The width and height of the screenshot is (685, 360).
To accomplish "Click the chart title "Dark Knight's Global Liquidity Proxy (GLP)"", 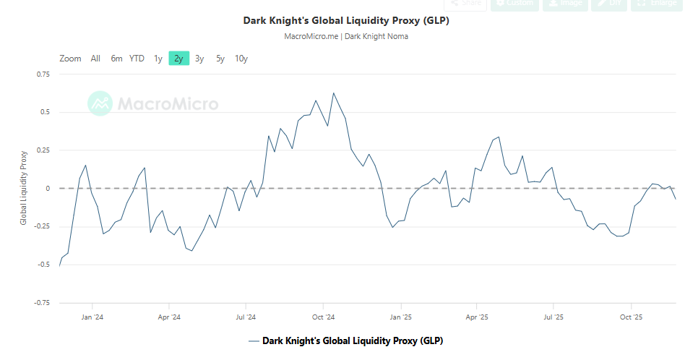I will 346,20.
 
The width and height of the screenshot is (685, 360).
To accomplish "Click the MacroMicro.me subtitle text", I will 346,36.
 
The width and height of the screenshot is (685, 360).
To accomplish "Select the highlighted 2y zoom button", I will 178,59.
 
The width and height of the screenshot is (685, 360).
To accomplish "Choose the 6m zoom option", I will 116,59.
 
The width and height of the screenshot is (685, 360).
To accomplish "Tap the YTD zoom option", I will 137,59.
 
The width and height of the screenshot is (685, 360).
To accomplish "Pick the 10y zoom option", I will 241,59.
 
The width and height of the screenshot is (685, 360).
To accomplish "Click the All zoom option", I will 95,59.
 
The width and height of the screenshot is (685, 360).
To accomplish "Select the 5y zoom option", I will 220,59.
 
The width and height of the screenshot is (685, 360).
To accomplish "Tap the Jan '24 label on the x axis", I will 91,317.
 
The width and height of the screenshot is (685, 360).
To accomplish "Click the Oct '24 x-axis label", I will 323,317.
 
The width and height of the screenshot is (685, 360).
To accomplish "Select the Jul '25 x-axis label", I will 553,317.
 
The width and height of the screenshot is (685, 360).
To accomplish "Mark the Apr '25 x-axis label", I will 477,317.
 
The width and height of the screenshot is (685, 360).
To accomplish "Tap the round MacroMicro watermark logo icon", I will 100,103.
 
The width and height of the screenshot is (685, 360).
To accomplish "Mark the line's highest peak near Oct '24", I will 333,93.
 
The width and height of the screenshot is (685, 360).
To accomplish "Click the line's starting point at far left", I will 59,266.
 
